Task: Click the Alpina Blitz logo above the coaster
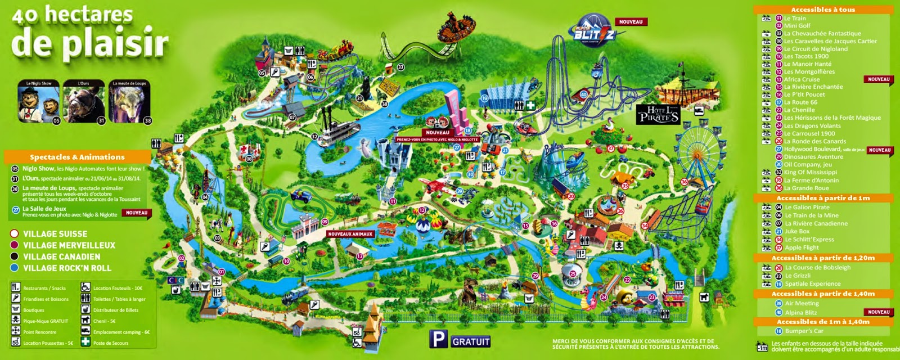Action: (x=593, y=34)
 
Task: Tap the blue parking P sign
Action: (x=439, y=339)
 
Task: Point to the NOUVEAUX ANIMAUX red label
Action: (x=350, y=234)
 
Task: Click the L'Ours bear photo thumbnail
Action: (x=84, y=102)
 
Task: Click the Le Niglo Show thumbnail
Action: (x=38, y=102)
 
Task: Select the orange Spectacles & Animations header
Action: (x=77, y=157)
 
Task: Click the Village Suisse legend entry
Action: (x=55, y=234)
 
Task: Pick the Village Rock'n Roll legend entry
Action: (x=67, y=268)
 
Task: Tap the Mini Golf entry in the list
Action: (x=797, y=26)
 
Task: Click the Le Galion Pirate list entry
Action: (x=807, y=208)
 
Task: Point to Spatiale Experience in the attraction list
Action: (x=812, y=284)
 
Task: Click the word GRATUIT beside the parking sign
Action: (x=471, y=341)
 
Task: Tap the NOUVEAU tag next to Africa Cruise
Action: (x=879, y=79)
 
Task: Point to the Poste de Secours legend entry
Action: (x=110, y=343)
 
